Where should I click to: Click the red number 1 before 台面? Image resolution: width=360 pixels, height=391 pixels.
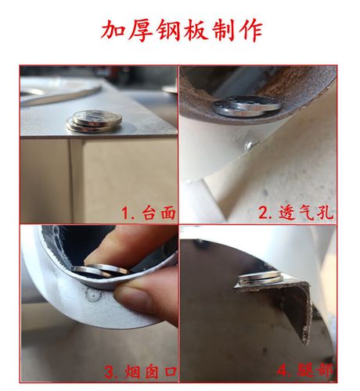(126, 212)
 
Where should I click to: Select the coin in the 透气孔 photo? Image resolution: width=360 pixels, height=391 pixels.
(249, 105)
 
